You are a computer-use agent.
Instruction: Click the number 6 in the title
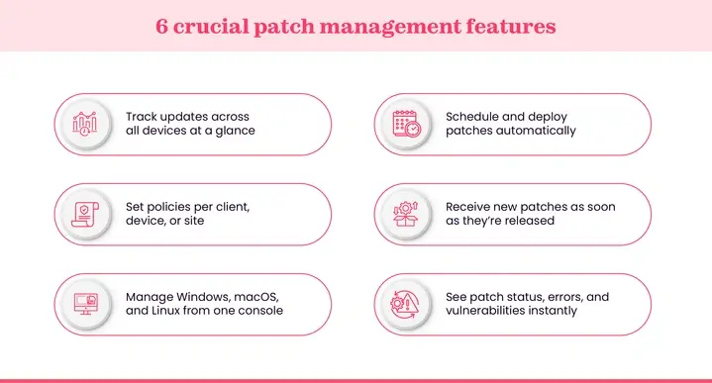163,26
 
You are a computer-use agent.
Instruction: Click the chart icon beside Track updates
86,125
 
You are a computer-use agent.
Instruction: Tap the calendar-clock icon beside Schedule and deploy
406,125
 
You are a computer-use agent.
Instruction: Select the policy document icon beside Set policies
86,214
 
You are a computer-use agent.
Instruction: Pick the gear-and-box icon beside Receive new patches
406,214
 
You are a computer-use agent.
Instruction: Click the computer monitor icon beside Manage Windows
86,304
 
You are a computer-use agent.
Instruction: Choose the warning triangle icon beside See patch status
406,304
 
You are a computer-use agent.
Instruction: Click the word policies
169,206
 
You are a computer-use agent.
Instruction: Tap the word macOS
256,296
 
